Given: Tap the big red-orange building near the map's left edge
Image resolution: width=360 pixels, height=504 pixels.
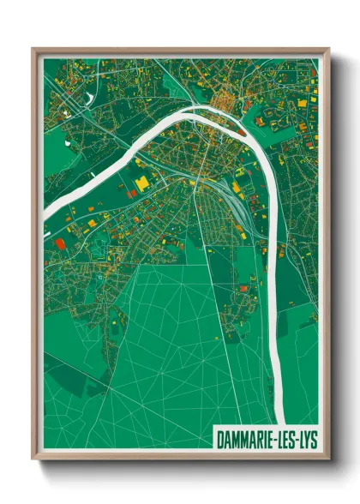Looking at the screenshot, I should pos(59,243).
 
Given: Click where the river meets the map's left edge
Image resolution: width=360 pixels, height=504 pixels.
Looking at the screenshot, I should pos(47,210).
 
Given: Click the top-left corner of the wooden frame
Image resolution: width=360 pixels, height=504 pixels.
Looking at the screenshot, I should pos(33,49).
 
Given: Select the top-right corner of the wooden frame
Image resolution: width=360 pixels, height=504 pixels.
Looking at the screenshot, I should pos(328,49).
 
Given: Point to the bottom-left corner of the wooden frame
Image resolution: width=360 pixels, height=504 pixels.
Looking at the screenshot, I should pos(33,456).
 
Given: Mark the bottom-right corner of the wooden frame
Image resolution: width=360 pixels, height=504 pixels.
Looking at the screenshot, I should pos(328,456).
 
